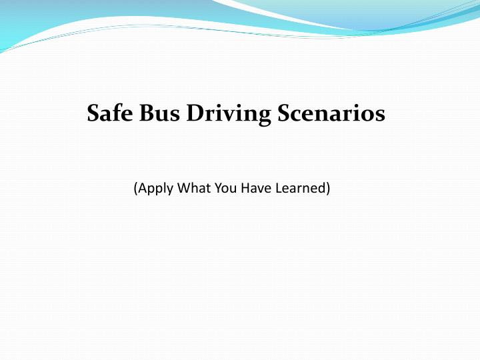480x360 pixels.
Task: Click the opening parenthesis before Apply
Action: (x=135, y=189)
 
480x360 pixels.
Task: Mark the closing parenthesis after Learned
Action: (x=329, y=189)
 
